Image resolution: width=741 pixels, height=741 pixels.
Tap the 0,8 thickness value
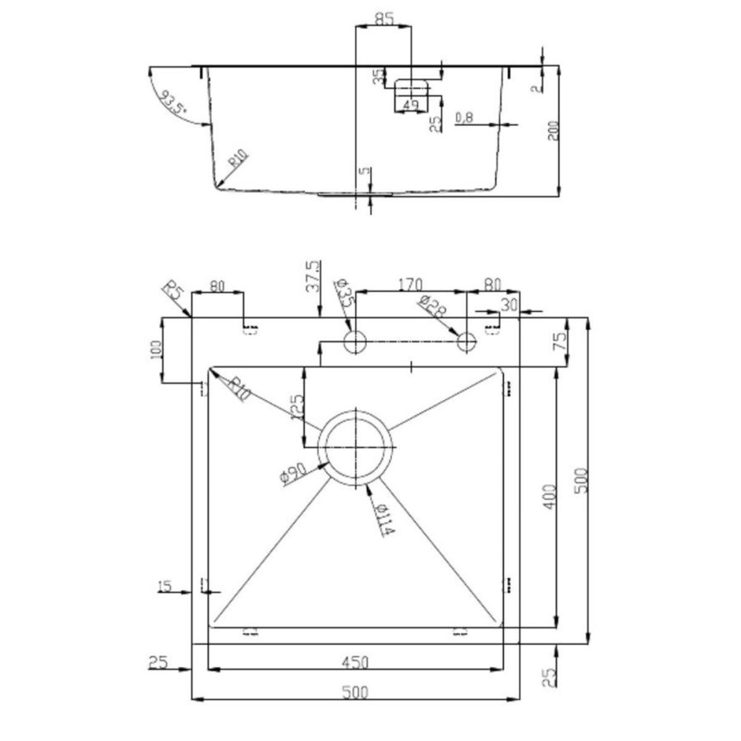click(465, 117)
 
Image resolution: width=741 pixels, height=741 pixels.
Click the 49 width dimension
click(411, 106)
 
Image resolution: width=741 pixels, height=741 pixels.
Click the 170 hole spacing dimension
click(410, 283)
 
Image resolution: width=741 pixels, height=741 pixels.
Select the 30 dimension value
click(509, 304)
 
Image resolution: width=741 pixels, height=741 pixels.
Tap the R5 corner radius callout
click(173, 290)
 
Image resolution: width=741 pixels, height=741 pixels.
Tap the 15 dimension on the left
click(165, 587)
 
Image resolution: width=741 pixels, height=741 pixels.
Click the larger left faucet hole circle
click(356, 342)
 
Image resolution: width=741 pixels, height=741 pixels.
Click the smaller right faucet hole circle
click(466, 342)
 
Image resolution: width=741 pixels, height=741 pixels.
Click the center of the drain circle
click(356, 448)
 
